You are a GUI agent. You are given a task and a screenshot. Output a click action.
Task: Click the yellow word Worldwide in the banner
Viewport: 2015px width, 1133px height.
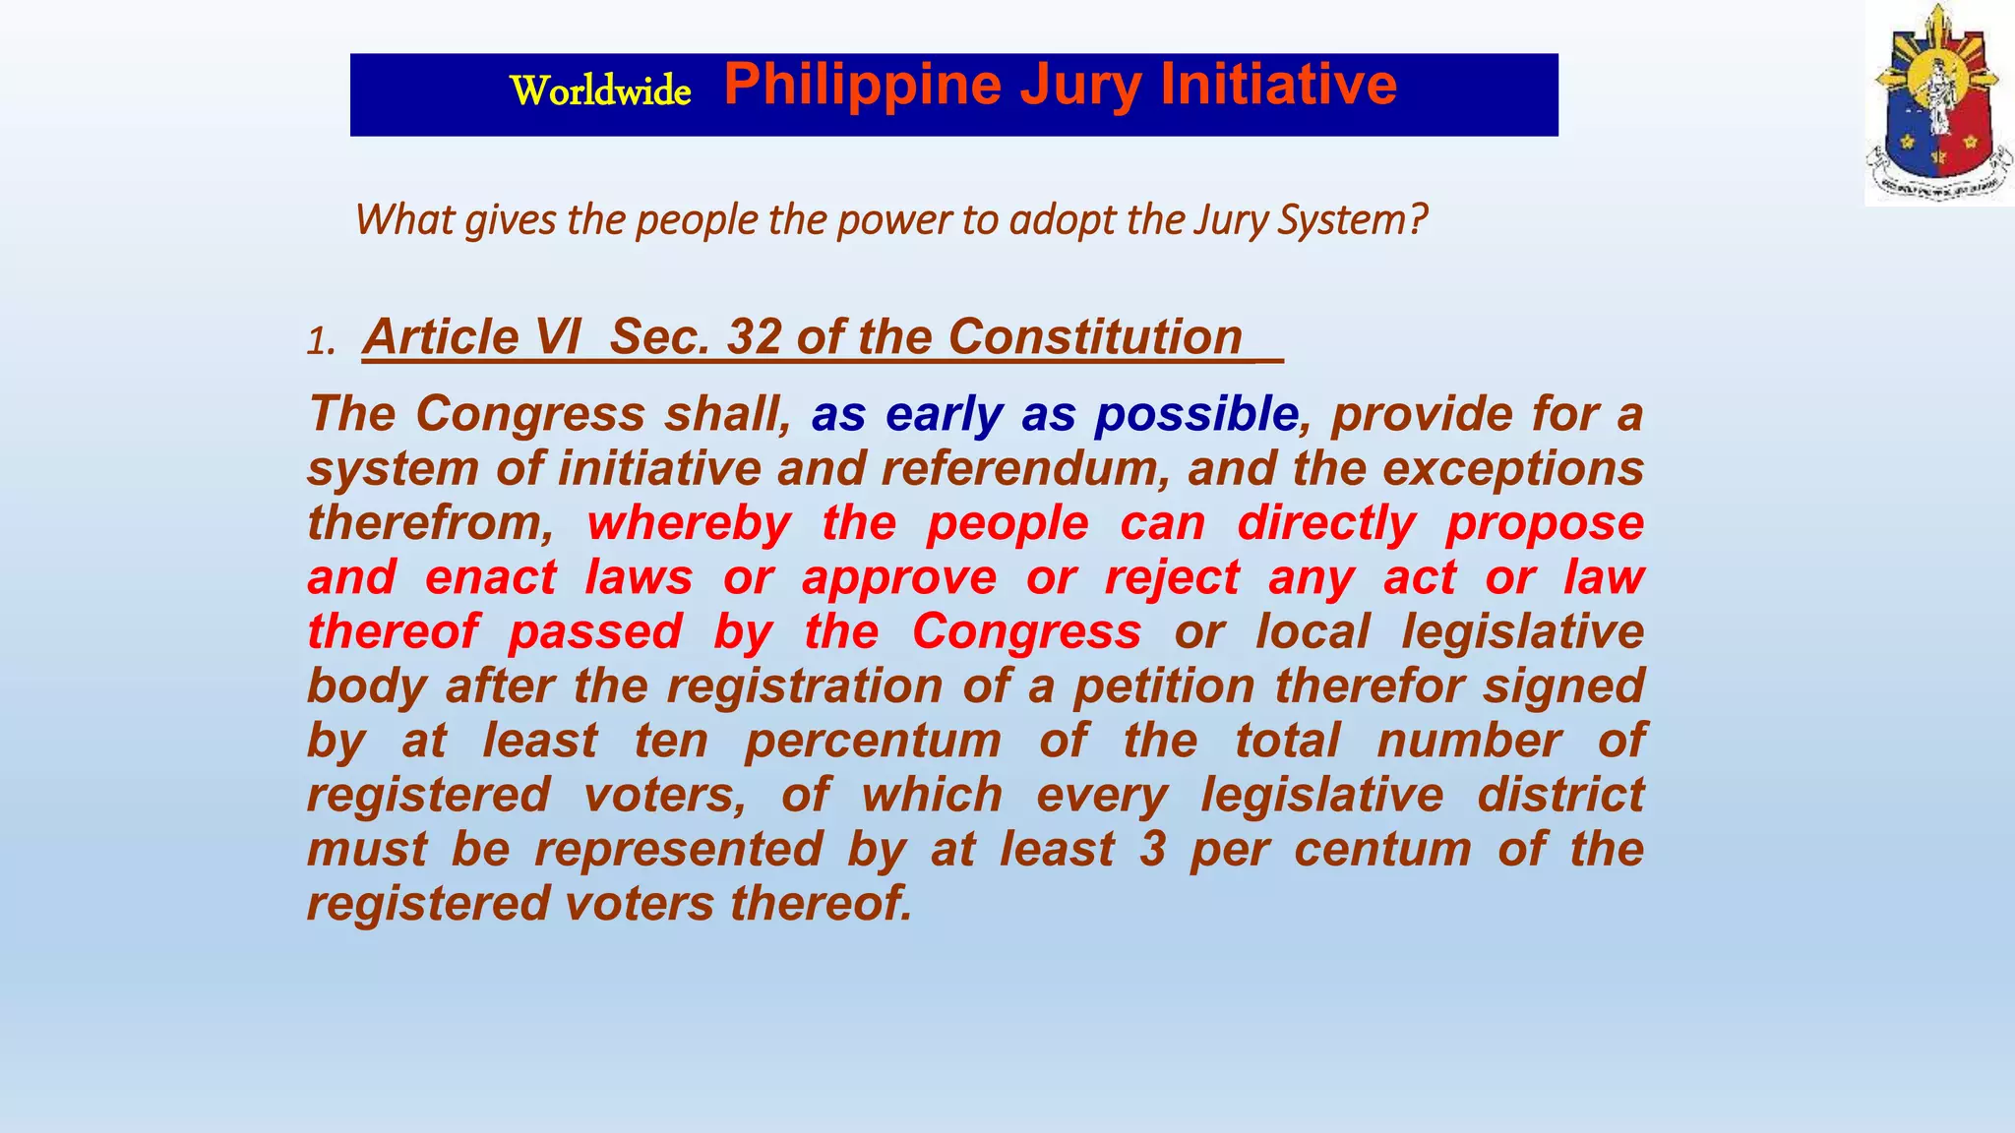(600, 90)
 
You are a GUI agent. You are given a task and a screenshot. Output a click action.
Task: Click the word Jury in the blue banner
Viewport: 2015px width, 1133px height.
(1079, 86)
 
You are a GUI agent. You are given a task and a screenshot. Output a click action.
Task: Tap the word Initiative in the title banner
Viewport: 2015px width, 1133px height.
(1278, 84)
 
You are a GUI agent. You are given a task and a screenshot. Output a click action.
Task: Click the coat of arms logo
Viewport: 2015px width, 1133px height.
(1937, 103)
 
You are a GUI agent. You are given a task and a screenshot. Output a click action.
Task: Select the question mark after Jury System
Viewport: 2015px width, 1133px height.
(1417, 219)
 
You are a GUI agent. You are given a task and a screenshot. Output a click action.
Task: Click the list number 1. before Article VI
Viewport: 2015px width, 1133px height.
(322, 342)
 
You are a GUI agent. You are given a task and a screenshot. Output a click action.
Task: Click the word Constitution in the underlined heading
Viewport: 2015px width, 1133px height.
(1095, 337)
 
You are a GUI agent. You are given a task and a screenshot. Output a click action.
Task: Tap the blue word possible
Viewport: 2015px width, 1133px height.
(1195, 414)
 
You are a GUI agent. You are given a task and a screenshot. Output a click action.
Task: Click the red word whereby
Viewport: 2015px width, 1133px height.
(689, 523)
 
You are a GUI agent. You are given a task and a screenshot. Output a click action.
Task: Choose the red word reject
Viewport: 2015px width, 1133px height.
(1172, 577)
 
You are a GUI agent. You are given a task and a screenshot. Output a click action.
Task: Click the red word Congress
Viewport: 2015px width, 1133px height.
(1026, 631)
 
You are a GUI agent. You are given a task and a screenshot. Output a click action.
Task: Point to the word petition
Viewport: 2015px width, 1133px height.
(1164, 686)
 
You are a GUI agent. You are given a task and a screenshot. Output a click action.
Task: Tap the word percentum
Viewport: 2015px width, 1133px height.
(873, 741)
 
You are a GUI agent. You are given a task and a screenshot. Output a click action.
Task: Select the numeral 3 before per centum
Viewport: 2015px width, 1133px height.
(1152, 850)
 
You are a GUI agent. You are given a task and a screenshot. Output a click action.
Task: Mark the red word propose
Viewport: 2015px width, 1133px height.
(1544, 523)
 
